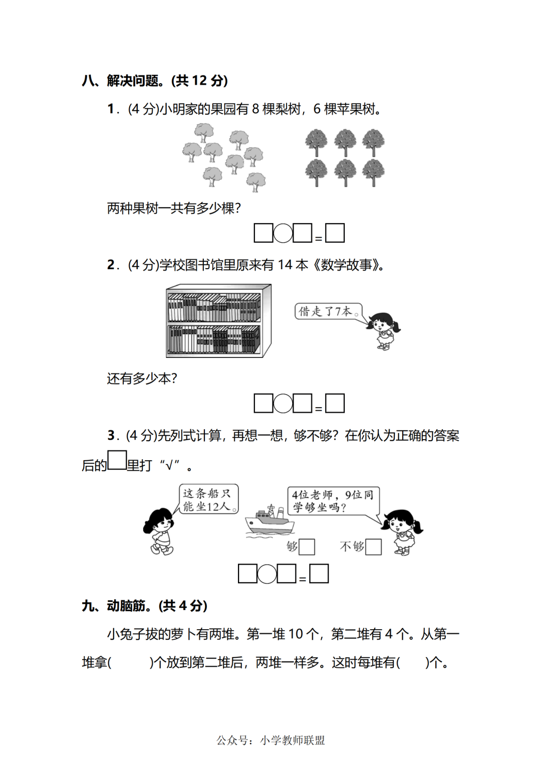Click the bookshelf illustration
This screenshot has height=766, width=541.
pyautogui.click(x=218, y=321)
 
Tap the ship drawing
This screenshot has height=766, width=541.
pyautogui.click(x=269, y=521)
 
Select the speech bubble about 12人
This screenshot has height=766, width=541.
pyautogui.click(x=208, y=499)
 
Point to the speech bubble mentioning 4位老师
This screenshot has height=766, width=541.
pyautogui.click(x=333, y=501)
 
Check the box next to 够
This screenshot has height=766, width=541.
pyautogui.click(x=307, y=546)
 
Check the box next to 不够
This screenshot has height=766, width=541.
pyautogui.click(x=373, y=546)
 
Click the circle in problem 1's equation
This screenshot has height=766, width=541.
pyautogui.click(x=283, y=233)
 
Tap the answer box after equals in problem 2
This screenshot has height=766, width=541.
pyautogui.click(x=335, y=403)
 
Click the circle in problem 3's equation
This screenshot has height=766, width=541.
pyautogui.click(x=267, y=573)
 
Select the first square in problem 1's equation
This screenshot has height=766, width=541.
pyautogui.click(x=263, y=233)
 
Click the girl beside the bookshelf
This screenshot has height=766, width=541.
pyautogui.click(x=383, y=330)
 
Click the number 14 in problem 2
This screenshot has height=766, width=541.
pyautogui.click(x=285, y=265)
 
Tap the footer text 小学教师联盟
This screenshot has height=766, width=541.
pyautogui.click(x=293, y=740)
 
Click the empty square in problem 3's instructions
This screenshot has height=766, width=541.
pyautogui.click(x=117, y=460)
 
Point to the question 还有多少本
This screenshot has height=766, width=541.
pyautogui.click(x=142, y=378)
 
